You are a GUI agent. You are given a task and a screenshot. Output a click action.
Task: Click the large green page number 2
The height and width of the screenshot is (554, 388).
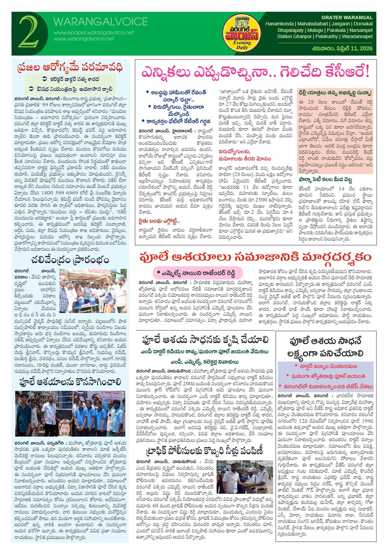point(29,32)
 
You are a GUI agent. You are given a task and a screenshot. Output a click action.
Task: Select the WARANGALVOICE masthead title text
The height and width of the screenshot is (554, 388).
point(100,22)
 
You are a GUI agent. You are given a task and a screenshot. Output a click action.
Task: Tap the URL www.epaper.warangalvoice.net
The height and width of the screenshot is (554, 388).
point(94,33)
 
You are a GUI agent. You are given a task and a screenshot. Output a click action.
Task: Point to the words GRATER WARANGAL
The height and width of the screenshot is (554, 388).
point(347,18)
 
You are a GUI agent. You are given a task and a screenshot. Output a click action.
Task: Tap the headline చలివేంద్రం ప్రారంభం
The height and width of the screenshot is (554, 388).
point(70,260)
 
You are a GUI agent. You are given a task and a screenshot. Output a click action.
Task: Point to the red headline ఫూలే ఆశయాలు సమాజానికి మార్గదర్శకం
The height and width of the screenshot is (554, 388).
point(255,257)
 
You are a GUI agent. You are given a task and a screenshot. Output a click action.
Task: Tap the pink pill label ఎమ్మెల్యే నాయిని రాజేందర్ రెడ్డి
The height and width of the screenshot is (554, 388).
point(198,273)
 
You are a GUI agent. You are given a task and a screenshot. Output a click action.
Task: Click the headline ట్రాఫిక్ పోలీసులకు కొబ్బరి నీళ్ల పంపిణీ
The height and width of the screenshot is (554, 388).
point(204,451)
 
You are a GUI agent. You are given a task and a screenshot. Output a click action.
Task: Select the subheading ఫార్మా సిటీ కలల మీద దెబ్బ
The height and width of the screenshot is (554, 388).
point(325,179)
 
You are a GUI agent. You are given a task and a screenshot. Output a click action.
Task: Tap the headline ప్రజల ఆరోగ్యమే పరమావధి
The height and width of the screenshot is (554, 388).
point(70,67)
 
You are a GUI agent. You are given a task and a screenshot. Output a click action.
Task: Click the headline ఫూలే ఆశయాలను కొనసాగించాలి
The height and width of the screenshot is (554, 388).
point(70,382)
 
